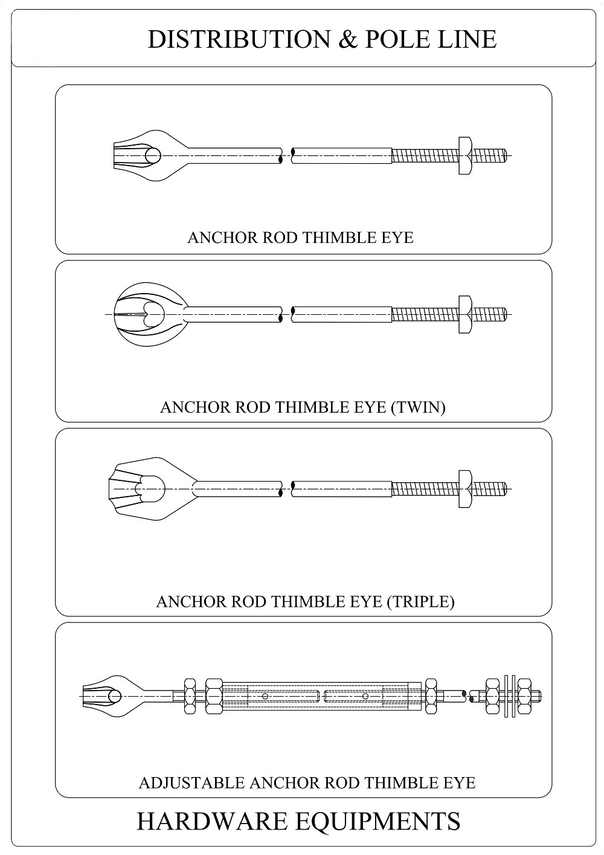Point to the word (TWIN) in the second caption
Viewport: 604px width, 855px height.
[418, 407]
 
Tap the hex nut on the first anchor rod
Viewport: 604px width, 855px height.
[465, 156]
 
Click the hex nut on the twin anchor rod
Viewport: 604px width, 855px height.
[465, 315]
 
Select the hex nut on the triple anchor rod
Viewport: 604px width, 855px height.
[465, 489]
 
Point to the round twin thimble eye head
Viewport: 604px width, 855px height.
[149, 315]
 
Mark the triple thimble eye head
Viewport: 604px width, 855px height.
[149, 489]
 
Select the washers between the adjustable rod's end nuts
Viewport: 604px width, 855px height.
[510, 697]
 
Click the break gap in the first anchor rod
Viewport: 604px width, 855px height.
[286, 156]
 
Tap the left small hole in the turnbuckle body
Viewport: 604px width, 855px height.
[265, 696]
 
